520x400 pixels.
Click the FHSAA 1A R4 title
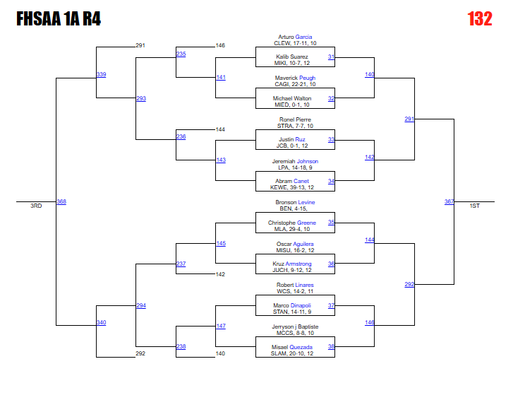59,19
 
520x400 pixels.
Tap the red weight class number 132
479,19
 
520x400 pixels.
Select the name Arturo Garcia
295,37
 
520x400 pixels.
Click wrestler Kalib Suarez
291,57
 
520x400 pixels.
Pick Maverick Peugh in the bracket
295,78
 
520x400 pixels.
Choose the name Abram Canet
291,181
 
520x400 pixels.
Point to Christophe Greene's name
291,223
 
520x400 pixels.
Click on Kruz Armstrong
291,264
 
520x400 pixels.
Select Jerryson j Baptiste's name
295,327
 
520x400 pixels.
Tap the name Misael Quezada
291,347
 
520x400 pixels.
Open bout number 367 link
449,202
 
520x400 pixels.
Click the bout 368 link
61,202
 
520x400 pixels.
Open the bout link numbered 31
331,57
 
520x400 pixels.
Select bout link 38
331,347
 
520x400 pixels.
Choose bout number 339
101,74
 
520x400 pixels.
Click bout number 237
181,264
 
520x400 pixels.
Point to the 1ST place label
475,206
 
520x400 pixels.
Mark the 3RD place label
36,206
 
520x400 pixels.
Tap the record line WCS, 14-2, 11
295,291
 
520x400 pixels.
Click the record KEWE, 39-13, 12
291,188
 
